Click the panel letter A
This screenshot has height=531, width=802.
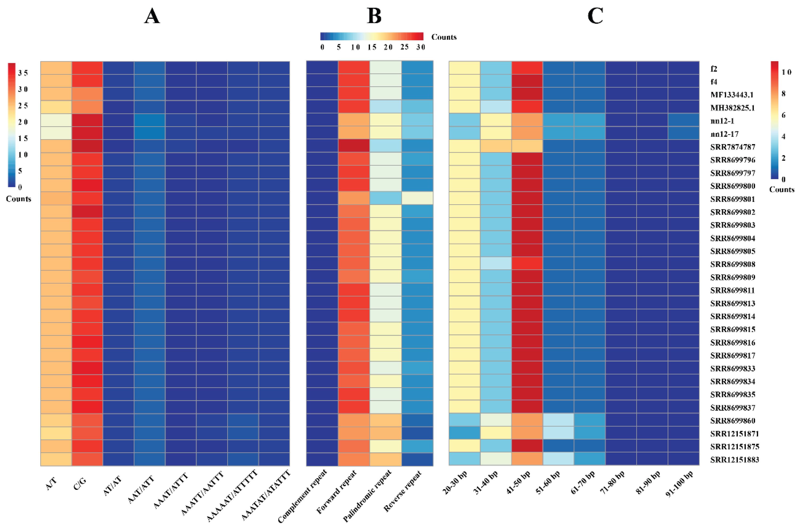coord(152,16)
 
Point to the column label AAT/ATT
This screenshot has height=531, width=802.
coord(141,489)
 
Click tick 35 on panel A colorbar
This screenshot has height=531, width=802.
coord(23,73)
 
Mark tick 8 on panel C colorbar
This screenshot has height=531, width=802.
coord(783,94)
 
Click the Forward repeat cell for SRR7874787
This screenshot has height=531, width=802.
coord(353,146)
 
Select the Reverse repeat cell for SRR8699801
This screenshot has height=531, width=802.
coord(417,198)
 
